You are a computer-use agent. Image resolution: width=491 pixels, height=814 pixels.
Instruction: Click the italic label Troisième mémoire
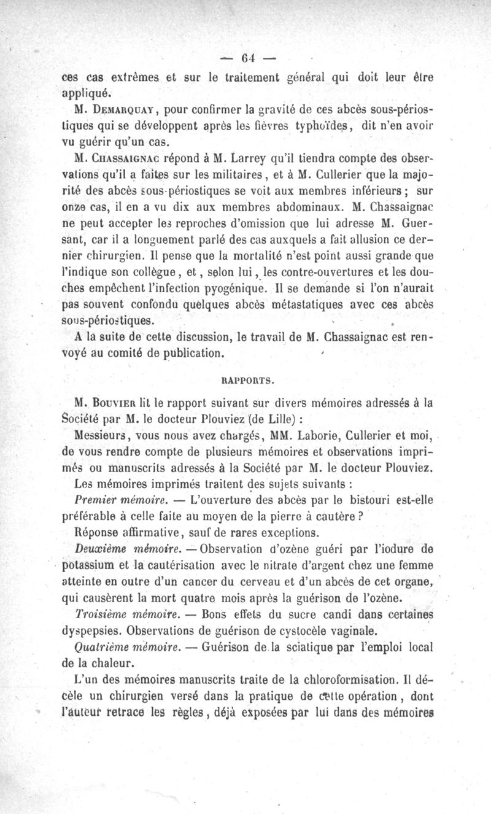point(118,614)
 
